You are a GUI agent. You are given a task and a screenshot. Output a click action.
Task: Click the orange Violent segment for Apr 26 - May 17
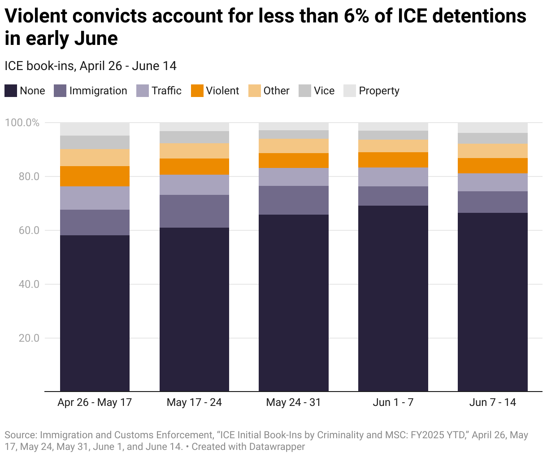[95, 176]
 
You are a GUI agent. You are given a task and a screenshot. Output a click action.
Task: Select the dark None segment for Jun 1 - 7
[393, 298]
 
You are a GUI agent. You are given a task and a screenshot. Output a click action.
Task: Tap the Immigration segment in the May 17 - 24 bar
[194, 211]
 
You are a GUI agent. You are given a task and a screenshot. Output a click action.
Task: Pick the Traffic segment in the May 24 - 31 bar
[294, 177]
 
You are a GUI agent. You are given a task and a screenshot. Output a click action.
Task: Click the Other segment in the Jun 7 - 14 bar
[492, 151]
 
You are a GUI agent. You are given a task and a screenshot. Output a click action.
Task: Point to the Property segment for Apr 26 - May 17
[95, 129]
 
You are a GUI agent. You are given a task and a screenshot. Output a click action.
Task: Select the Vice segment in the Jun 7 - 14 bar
[492, 138]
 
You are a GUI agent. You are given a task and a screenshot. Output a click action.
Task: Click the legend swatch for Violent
[197, 91]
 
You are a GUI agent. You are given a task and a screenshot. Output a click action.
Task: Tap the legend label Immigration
[98, 91]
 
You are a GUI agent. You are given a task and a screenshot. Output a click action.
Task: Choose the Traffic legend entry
[166, 91]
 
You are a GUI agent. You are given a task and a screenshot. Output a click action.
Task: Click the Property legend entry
[379, 91]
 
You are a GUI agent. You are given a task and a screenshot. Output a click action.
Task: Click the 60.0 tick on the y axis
[29, 230]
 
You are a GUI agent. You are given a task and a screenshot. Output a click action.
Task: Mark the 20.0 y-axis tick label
[29, 338]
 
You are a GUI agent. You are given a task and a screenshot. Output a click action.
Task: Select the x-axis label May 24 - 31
[294, 402]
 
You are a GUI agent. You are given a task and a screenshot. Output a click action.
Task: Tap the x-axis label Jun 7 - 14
[492, 402]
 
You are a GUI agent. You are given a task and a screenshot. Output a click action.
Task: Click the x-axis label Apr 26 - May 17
[95, 402]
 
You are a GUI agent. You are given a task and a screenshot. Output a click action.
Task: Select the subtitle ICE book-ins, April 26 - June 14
[91, 66]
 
